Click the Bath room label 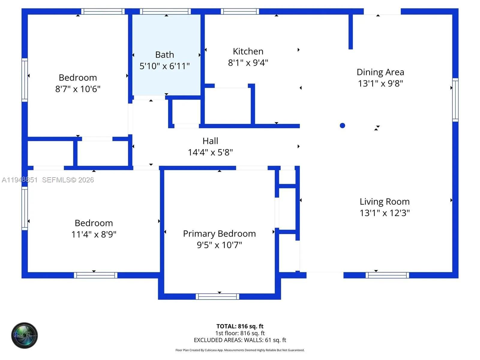(164, 55)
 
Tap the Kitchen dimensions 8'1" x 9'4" (248, 63)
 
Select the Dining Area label (380, 72)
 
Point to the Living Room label (384, 202)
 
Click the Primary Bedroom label (219, 234)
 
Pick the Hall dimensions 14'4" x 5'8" (210, 152)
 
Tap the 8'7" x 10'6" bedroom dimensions (78, 89)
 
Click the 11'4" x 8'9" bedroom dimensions (94, 234)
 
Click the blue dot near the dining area (342, 126)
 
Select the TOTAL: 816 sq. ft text (240, 326)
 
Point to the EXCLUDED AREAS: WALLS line (240, 340)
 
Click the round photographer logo (25, 335)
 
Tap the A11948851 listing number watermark (20, 180)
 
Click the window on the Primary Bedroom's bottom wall (217, 297)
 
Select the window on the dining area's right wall (455, 100)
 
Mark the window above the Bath (165, 12)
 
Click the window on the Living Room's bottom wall (387, 275)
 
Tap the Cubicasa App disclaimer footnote (240, 350)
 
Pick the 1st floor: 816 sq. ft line (240, 333)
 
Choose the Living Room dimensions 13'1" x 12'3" (384, 213)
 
